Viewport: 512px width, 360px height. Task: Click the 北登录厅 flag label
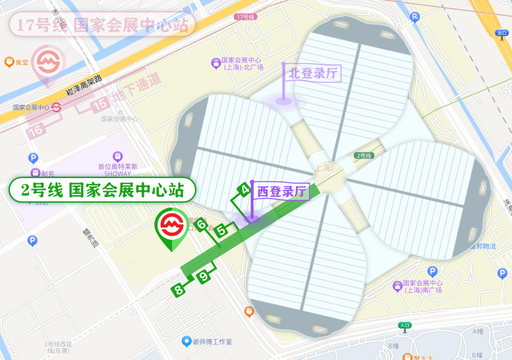coord(313,72)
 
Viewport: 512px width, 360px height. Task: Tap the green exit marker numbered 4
coord(244,190)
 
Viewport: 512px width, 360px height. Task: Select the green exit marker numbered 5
coord(223,230)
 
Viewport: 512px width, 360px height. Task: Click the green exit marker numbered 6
coord(202,225)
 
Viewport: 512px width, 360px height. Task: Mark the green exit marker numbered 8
coord(179,289)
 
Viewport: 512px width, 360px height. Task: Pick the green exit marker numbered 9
coord(204,277)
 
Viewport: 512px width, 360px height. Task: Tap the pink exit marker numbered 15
coord(100,103)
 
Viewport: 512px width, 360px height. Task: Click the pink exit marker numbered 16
coord(37,130)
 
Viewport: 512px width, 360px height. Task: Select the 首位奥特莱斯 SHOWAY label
coord(118,169)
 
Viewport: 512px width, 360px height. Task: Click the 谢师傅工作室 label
coord(211,342)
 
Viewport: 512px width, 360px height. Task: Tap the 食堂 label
coord(22,62)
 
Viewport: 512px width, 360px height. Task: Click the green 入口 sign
coord(404,325)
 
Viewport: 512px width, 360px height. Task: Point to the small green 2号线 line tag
coord(364,156)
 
